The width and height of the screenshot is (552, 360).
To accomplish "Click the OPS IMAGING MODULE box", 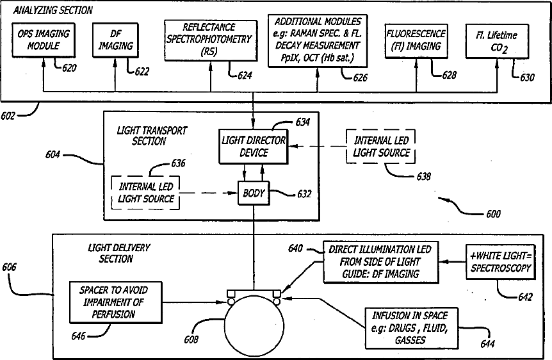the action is coord(44,40).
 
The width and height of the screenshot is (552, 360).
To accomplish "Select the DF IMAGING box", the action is coord(115,40).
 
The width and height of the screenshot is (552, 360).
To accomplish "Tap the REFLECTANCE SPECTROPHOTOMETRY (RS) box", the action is coord(211,40).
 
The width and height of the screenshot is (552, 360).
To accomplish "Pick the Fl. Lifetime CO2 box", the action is coord(497,41).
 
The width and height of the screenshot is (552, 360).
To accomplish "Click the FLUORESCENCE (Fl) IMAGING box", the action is coord(416,41).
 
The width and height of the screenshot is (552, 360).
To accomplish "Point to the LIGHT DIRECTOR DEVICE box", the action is coord(254,147).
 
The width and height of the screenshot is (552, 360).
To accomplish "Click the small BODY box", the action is coord(254,193).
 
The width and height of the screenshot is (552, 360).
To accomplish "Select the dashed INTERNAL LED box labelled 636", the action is coord(145,193).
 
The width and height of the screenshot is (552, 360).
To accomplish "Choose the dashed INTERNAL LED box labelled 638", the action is coord(380,147).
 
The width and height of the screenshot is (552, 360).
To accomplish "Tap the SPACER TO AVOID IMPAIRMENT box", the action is coord(116,302).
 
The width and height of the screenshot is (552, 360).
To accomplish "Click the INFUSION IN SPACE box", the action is coord(412,328).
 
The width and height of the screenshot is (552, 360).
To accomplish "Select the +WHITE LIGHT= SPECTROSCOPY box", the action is coord(501,262).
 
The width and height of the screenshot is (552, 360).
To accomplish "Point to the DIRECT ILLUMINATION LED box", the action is coord(381,262).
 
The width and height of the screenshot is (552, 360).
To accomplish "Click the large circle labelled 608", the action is coord(254,326).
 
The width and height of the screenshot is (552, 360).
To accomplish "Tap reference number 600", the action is coord(493,214).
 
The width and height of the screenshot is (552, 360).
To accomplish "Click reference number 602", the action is coord(8,116).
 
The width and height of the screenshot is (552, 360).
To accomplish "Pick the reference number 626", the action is coord(360,78).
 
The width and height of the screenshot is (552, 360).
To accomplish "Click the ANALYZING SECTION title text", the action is coord(53,10).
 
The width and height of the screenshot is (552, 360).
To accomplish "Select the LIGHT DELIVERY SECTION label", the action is coord(118,253).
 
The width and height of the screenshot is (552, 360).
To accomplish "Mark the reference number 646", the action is coord(78,336).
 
